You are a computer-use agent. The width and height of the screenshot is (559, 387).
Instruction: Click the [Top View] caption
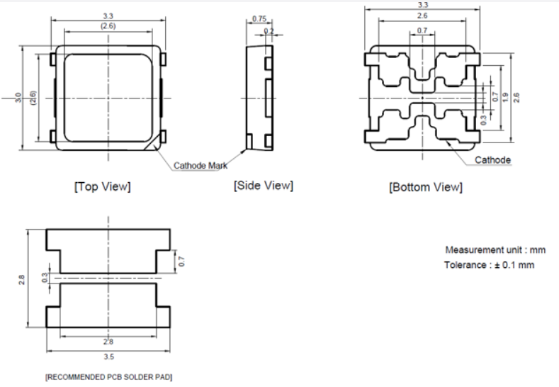(x=102, y=187)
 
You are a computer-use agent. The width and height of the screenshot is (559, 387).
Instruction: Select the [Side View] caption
(x=263, y=186)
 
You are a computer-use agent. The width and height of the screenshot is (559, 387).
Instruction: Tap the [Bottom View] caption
(x=425, y=187)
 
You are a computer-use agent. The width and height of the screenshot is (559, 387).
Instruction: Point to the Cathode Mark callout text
(x=201, y=165)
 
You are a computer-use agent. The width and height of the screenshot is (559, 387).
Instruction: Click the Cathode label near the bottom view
(x=492, y=160)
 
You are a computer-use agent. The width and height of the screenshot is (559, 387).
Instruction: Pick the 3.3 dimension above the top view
(x=108, y=14)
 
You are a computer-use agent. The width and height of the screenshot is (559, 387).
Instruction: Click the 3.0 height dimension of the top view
(x=18, y=97)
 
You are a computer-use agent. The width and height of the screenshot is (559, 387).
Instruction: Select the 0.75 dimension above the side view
(x=259, y=19)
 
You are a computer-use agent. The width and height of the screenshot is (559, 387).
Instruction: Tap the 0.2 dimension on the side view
(x=268, y=31)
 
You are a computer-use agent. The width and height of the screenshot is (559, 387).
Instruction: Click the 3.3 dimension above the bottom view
(x=423, y=5)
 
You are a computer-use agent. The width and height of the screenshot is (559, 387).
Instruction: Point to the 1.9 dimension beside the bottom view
(x=504, y=97)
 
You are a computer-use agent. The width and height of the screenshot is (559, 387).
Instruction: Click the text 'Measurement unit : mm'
(x=495, y=250)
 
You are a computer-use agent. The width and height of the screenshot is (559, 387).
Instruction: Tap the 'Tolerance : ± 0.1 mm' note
(x=489, y=264)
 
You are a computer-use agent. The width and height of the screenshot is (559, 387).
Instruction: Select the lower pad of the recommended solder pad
(x=108, y=305)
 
